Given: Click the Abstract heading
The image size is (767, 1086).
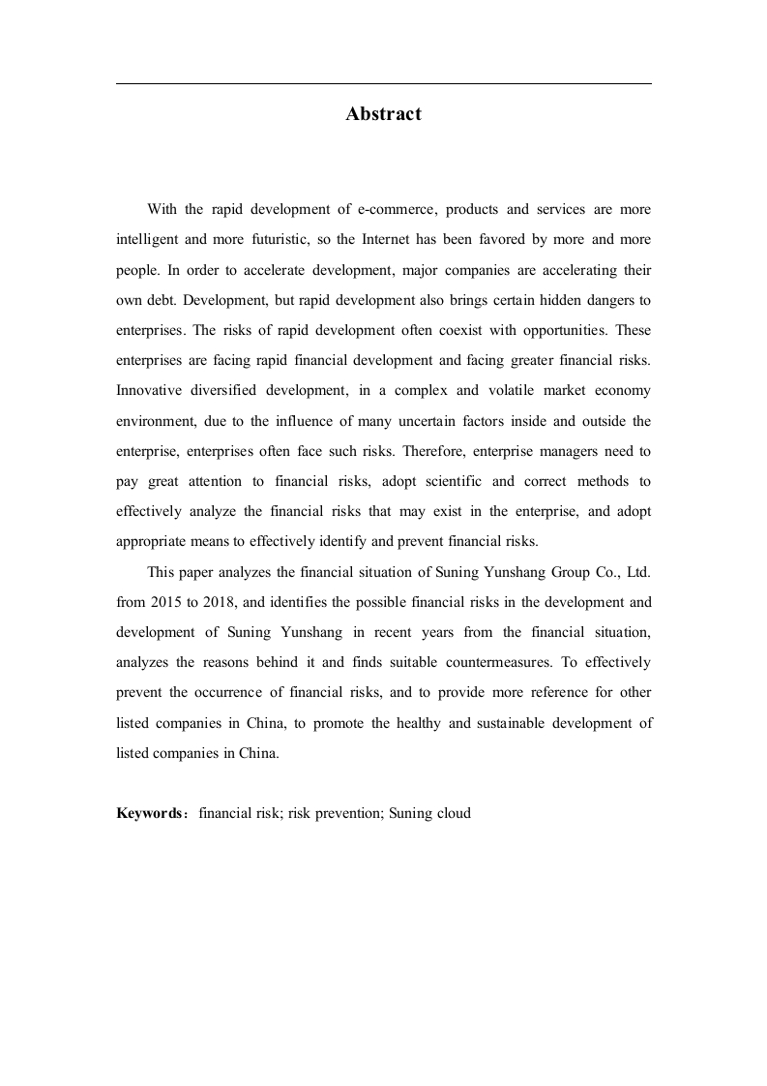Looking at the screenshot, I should click(x=383, y=114).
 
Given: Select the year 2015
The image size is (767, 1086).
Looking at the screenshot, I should click(x=167, y=602).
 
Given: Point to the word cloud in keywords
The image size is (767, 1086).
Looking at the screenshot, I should click(x=452, y=813).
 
